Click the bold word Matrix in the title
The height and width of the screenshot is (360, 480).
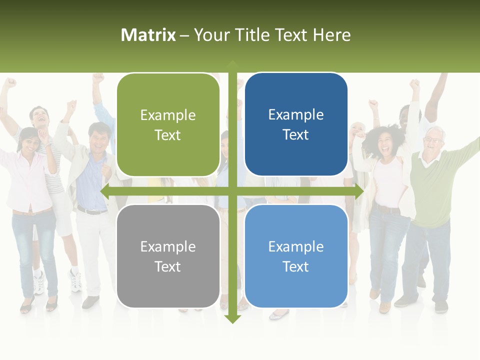point(148,35)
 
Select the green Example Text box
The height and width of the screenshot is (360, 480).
point(168,124)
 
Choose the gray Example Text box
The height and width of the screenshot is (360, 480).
point(168,256)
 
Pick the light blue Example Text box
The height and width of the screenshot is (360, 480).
point(296,256)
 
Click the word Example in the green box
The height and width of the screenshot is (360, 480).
point(168,115)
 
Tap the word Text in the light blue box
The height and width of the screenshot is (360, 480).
point(296,266)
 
